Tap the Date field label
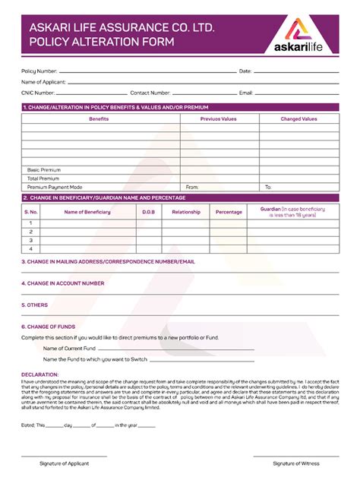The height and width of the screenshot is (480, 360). [245, 71]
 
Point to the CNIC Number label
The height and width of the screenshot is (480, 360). [38, 92]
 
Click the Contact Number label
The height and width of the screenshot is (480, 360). [150, 92]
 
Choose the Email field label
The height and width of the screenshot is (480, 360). [245, 92]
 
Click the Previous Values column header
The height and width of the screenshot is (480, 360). [218, 119]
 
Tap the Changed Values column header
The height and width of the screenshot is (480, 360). [298, 119]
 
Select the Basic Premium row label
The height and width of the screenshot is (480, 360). [43, 169]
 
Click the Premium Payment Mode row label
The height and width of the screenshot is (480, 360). [54, 186]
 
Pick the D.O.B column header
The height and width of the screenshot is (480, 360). [148, 212]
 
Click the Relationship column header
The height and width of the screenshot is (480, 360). [186, 212]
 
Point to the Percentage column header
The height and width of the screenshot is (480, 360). [229, 212]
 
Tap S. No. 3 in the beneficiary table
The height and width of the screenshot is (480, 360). [30, 239]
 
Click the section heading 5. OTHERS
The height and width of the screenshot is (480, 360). [35, 305]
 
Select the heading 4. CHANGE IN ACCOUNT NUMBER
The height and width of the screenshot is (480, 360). [63, 283]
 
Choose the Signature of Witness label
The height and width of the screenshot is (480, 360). [296, 463]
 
